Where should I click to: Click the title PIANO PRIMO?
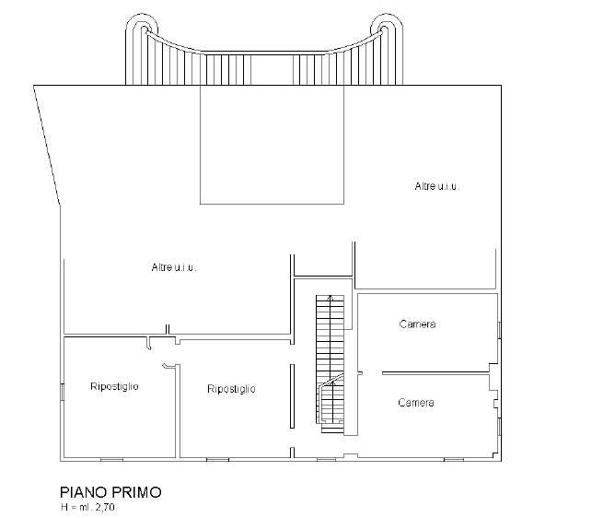click(x=110, y=492)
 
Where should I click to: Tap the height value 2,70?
click(x=105, y=507)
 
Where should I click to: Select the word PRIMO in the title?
click(x=136, y=492)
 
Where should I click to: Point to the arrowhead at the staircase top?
click(x=331, y=298)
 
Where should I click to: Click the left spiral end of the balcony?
click(x=142, y=28)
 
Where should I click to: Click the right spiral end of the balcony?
click(x=387, y=28)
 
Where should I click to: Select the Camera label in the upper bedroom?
click(x=417, y=324)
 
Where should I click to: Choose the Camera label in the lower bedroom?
click(x=416, y=403)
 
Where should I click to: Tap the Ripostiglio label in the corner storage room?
click(x=114, y=386)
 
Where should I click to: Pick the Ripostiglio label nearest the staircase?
click(x=231, y=389)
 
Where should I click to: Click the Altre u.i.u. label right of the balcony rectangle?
click(x=436, y=186)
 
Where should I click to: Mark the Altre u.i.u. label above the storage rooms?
click(x=173, y=267)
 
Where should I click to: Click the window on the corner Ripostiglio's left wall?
click(x=62, y=392)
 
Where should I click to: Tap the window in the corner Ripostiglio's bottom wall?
click(x=111, y=460)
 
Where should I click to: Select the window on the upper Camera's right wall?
click(x=499, y=330)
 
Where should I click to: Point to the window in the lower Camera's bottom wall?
click(x=454, y=460)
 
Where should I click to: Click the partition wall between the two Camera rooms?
click(x=435, y=373)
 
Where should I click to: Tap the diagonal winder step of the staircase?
click(x=331, y=380)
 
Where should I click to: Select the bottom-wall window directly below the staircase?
click(x=326, y=460)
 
